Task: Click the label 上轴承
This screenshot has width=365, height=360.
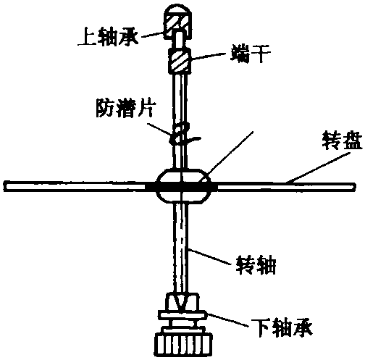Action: (x=108, y=37)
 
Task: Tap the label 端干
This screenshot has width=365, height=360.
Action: (x=251, y=54)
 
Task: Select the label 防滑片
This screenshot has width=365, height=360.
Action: (x=125, y=108)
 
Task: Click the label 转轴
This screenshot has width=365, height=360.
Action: (x=256, y=265)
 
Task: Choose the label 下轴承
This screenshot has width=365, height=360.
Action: (x=282, y=328)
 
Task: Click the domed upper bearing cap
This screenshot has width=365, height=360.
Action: (x=178, y=22)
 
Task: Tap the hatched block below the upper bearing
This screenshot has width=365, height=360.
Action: (x=180, y=60)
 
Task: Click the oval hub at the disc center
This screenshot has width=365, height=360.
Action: (x=183, y=186)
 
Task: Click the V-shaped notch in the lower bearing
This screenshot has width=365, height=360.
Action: (x=181, y=303)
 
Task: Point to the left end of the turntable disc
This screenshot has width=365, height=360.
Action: (x=5, y=186)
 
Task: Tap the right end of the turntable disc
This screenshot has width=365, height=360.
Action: (x=353, y=187)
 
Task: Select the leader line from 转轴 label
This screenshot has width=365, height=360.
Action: (x=209, y=256)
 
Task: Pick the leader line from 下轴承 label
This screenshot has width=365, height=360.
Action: (x=227, y=319)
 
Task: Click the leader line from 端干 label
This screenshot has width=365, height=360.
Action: (x=209, y=56)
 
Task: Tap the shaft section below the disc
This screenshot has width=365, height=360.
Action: (x=182, y=248)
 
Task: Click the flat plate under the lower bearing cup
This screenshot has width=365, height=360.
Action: (x=182, y=315)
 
